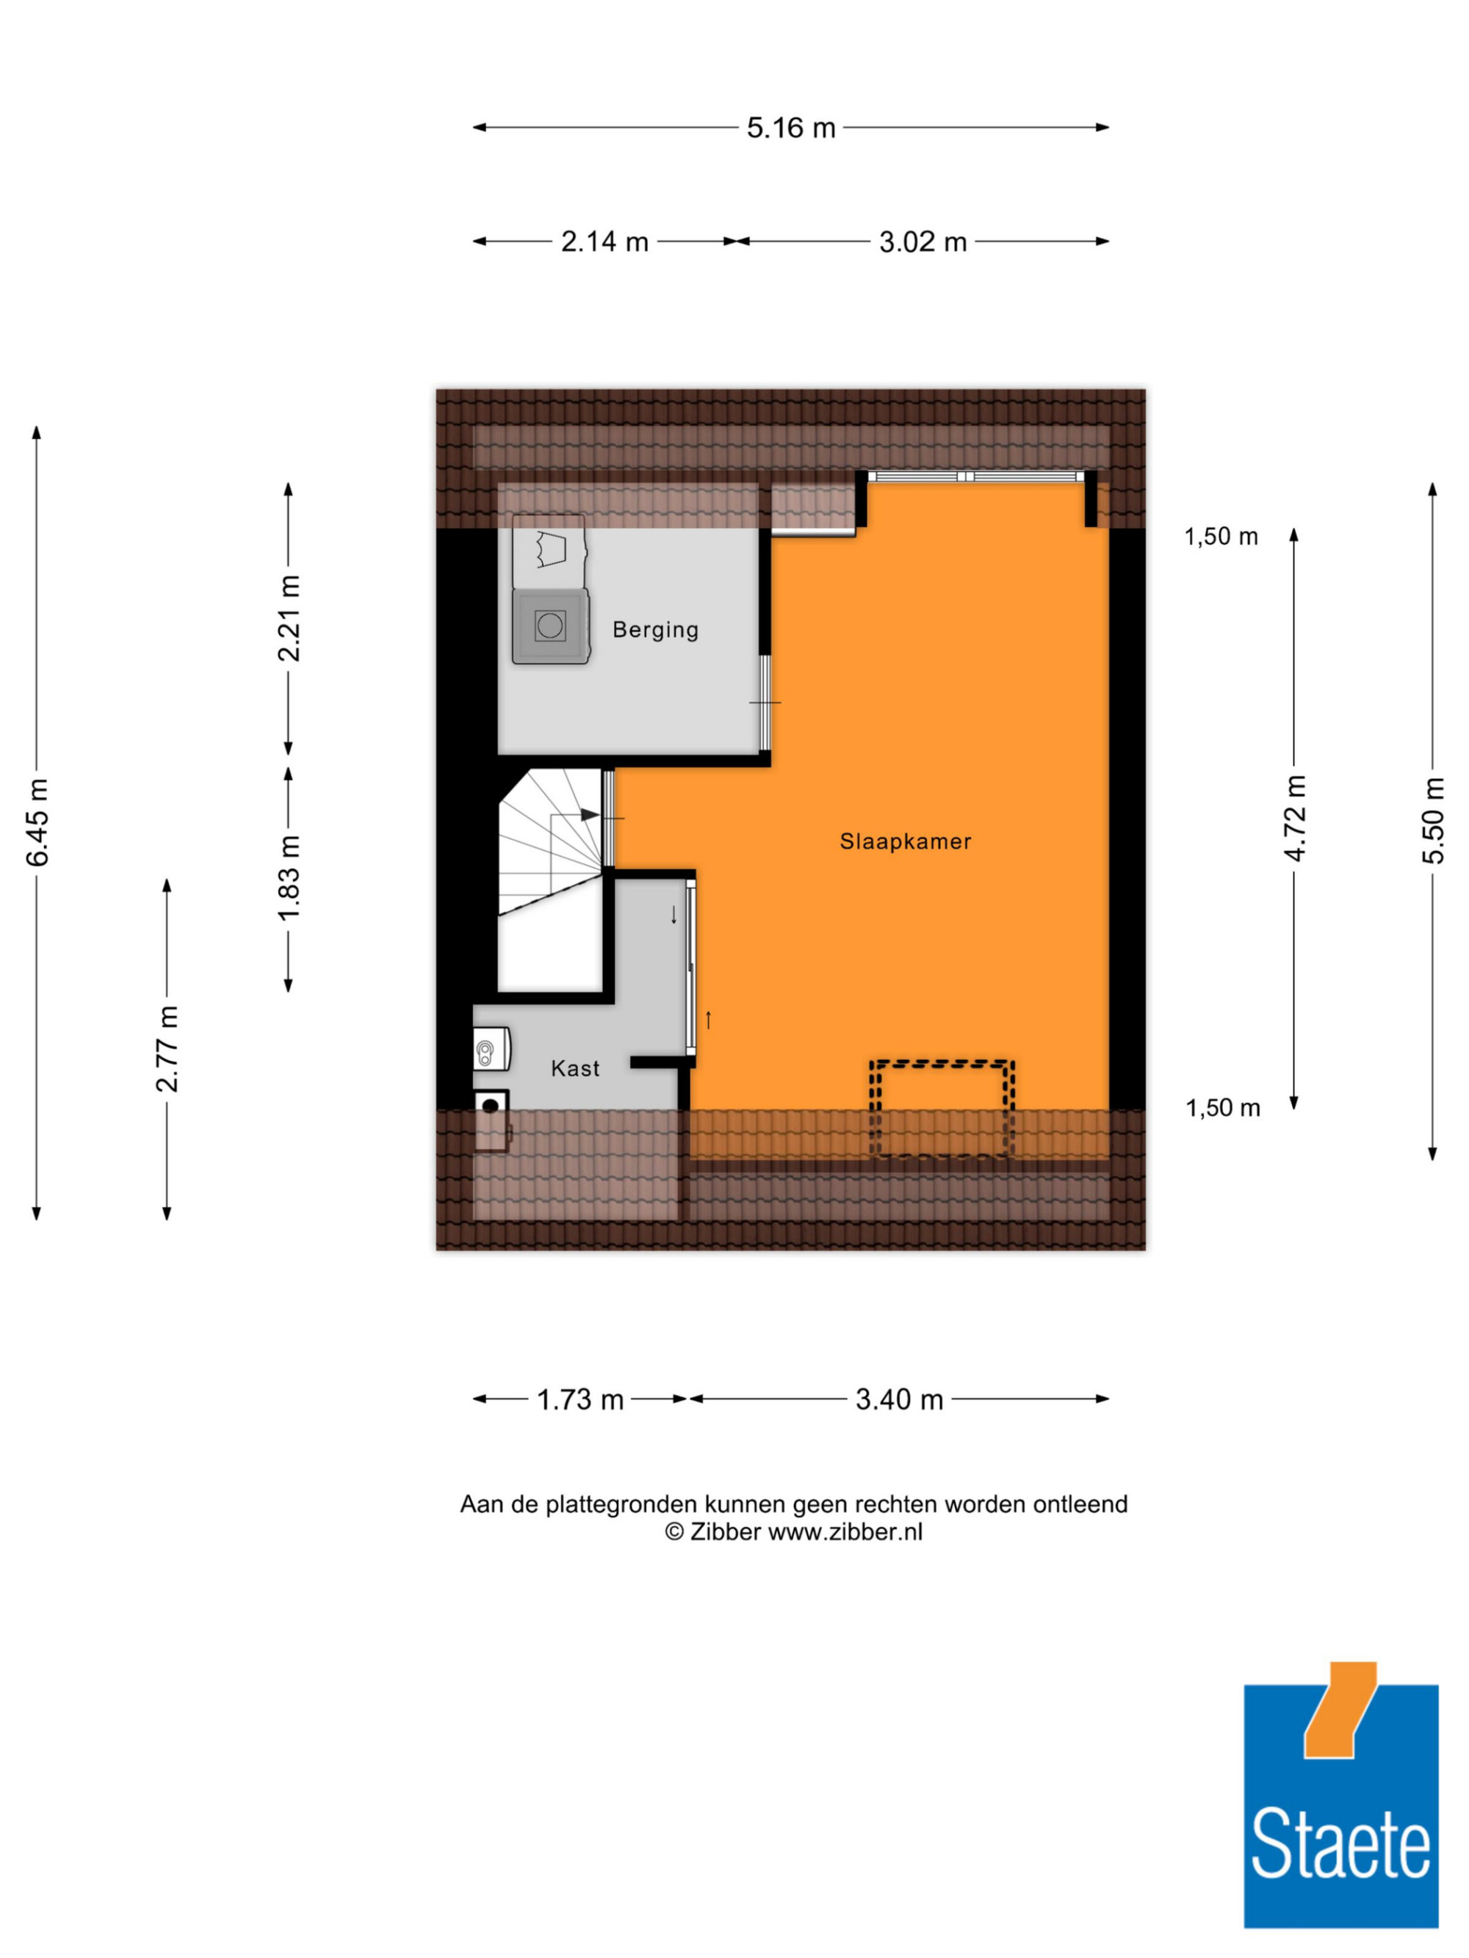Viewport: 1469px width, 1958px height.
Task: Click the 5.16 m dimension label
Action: (791, 128)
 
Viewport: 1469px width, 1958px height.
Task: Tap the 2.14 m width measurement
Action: (604, 241)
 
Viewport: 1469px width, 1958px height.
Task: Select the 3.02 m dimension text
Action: (923, 241)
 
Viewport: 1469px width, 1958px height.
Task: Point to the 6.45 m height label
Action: (37, 822)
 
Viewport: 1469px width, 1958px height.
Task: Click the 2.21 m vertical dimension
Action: (289, 618)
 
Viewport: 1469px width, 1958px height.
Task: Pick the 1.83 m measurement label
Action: (289, 877)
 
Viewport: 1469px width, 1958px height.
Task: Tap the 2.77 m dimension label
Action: (167, 1049)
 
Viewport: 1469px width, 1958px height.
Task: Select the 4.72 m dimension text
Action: (1295, 817)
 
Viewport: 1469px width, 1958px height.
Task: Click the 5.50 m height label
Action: (1433, 821)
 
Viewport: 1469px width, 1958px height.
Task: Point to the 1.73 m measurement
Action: (580, 1399)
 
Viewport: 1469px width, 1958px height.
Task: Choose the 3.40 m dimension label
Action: (899, 1399)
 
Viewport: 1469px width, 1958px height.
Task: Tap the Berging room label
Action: (655, 629)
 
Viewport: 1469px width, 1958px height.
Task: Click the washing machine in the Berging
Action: (550, 626)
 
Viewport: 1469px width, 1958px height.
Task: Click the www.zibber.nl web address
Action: (845, 1556)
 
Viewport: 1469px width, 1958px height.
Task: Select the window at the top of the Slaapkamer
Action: (975, 476)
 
